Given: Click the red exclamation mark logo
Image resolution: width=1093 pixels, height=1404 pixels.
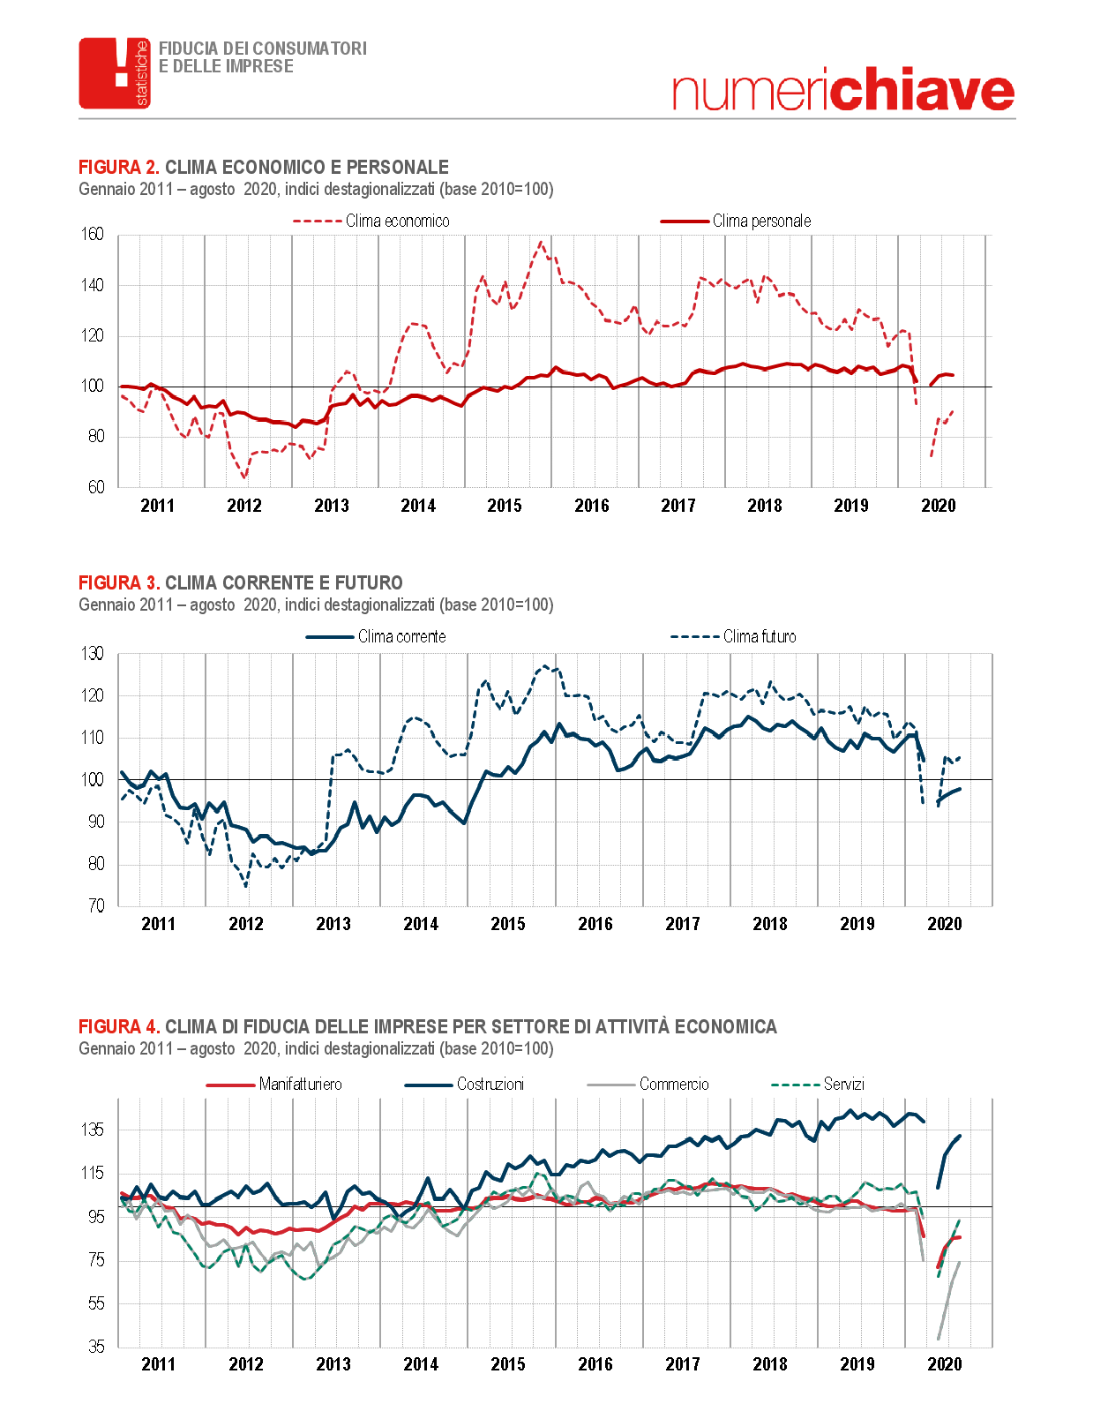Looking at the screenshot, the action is pos(115,73).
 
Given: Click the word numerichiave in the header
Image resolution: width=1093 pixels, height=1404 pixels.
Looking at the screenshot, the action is pos(843,88).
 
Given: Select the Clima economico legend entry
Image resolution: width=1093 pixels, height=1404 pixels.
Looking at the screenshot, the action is pos(371,221).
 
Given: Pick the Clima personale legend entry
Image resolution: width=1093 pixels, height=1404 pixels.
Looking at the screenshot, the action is pos(736,221).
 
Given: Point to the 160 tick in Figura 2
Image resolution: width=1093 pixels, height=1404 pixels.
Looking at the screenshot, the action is pos(93,235).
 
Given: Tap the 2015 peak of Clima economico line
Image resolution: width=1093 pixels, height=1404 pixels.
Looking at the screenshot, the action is pos(541,243).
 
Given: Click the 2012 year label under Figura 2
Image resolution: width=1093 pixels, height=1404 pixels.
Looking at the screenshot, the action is pos(244,506).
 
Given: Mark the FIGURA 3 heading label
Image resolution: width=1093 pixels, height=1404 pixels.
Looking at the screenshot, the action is pos(119,582).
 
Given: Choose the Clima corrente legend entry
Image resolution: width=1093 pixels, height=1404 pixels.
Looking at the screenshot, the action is pos(376,637).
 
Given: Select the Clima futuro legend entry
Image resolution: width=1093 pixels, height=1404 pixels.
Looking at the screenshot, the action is pos(733,637).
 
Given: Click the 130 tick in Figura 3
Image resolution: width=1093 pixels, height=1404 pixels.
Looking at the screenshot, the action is pos(93,654).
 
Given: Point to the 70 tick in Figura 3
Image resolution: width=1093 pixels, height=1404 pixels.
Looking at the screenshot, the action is pos(96,905).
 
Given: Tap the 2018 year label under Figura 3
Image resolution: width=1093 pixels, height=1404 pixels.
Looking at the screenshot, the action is pos(770,924).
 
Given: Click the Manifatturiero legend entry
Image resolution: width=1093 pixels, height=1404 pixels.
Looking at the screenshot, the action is pos(274,1085).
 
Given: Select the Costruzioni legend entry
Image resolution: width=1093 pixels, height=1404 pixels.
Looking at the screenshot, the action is pos(464,1085).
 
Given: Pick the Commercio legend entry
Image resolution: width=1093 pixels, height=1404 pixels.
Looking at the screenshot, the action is pos(648,1085).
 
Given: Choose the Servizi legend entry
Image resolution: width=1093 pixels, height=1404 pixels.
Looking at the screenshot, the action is pos(818,1085).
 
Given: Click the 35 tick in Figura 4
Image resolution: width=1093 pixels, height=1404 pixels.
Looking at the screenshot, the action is pos(96,1348).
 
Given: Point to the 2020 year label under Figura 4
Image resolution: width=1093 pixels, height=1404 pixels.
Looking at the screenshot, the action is pos(945,1364).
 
